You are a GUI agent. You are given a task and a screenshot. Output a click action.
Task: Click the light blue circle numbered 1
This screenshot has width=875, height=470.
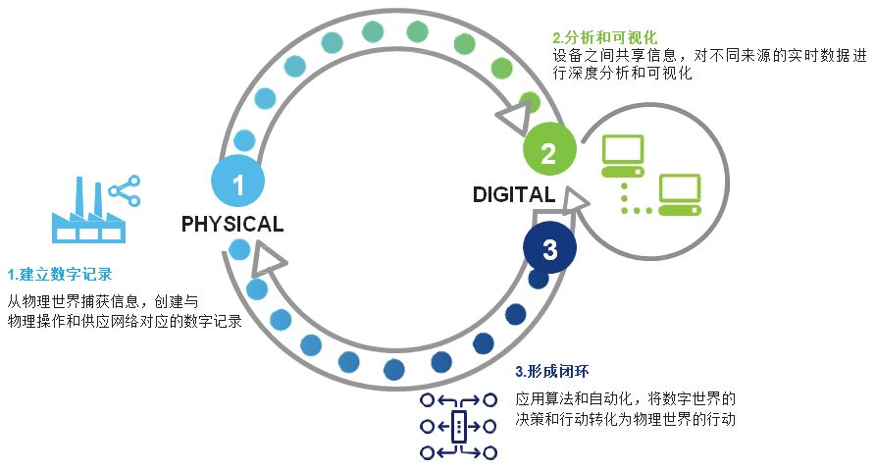(238, 183)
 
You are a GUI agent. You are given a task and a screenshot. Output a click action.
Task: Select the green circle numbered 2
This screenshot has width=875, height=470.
(549, 151)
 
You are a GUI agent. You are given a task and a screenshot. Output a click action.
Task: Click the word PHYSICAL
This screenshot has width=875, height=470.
(232, 225)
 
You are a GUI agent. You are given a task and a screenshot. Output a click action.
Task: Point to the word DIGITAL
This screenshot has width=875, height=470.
(513, 193)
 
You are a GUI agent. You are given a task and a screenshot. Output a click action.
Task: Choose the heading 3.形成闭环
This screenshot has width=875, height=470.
(552, 372)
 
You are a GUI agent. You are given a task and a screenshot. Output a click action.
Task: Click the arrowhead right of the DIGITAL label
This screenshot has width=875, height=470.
(574, 201)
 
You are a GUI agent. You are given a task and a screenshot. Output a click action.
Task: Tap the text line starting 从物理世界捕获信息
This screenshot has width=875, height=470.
(102, 301)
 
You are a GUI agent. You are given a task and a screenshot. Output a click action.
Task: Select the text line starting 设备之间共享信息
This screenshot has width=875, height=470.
(709, 56)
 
